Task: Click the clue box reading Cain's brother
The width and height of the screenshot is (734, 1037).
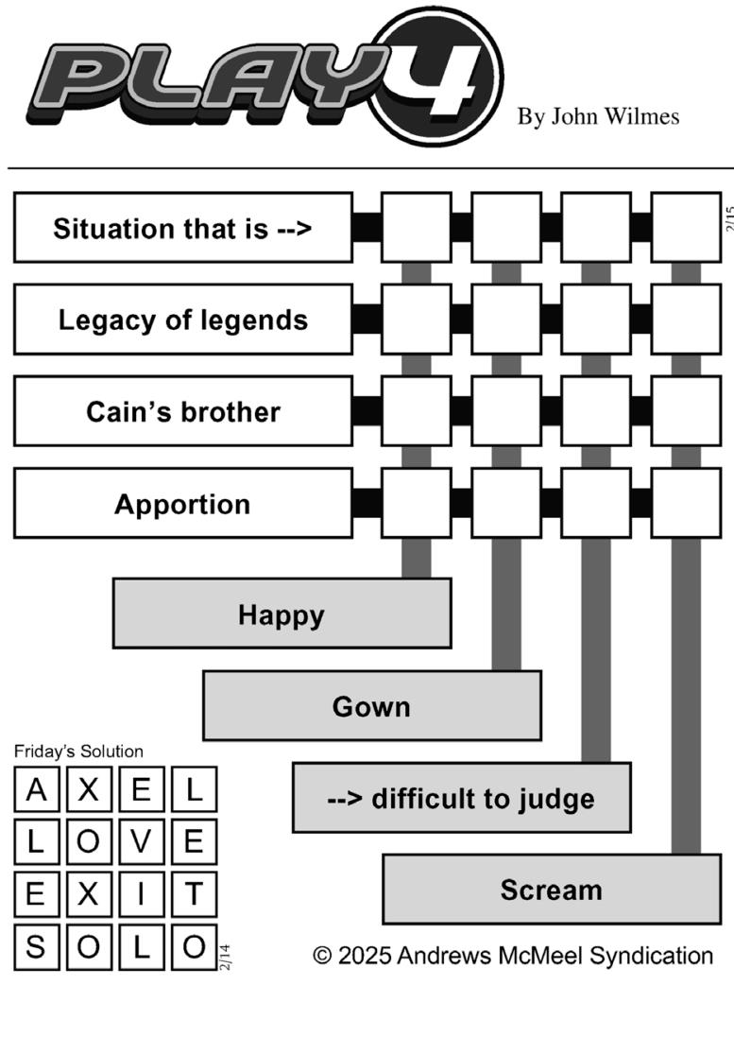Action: [x=183, y=411]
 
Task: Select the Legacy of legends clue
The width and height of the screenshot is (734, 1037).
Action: [x=183, y=320]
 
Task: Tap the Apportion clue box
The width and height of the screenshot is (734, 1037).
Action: [x=183, y=503]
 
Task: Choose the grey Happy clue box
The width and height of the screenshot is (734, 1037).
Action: [x=282, y=614]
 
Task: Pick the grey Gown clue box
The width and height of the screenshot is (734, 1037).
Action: [x=372, y=705]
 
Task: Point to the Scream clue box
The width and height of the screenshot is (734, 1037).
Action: [x=552, y=890]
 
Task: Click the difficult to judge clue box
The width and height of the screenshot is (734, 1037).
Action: [x=462, y=798]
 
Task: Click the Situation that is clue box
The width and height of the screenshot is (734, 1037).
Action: [x=183, y=228]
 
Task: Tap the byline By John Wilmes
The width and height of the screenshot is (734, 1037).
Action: [x=598, y=117]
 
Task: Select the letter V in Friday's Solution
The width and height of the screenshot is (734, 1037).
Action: [x=141, y=841]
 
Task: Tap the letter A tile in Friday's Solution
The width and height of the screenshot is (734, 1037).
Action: [x=36, y=789]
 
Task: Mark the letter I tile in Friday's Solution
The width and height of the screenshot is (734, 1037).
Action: [x=141, y=894]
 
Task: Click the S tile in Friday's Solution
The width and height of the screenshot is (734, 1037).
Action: [x=36, y=947]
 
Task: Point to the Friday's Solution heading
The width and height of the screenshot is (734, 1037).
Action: [x=78, y=752]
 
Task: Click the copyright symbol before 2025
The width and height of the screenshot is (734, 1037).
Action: [x=322, y=956]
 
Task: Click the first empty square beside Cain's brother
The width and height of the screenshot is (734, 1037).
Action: [x=417, y=411]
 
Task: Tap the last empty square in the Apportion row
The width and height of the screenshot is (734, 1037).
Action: [x=686, y=503]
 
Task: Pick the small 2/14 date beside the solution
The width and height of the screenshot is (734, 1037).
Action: [x=225, y=958]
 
